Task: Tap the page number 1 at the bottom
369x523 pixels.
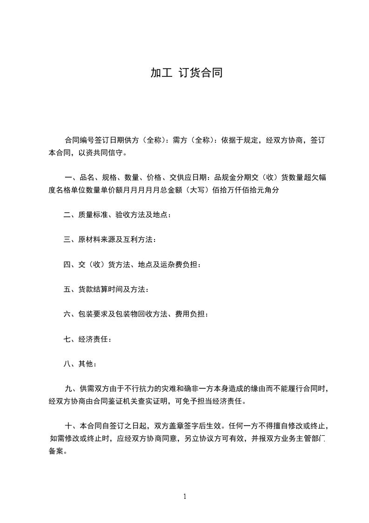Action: pos(185,496)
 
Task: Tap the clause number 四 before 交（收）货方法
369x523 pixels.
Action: pos(67,265)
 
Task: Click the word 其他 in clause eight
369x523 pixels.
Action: pos(87,365)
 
